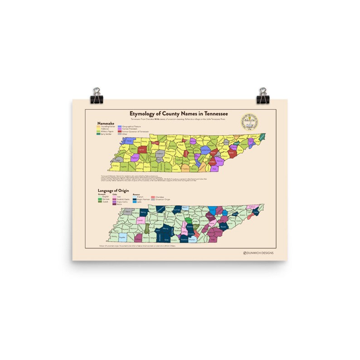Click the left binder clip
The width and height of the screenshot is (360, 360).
[97, 96]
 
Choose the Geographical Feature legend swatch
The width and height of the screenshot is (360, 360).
[120, 126]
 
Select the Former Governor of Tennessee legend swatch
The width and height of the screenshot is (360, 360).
[120, 131]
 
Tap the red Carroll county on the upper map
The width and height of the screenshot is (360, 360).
[141, 149]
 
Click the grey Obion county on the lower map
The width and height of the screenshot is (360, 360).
[129, 211]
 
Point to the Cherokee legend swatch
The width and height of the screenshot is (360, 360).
[153, 197]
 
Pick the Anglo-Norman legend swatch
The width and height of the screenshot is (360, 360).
[134, 199]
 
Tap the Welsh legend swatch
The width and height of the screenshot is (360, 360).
[116, 204]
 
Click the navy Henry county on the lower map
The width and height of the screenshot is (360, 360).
[144, 212]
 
